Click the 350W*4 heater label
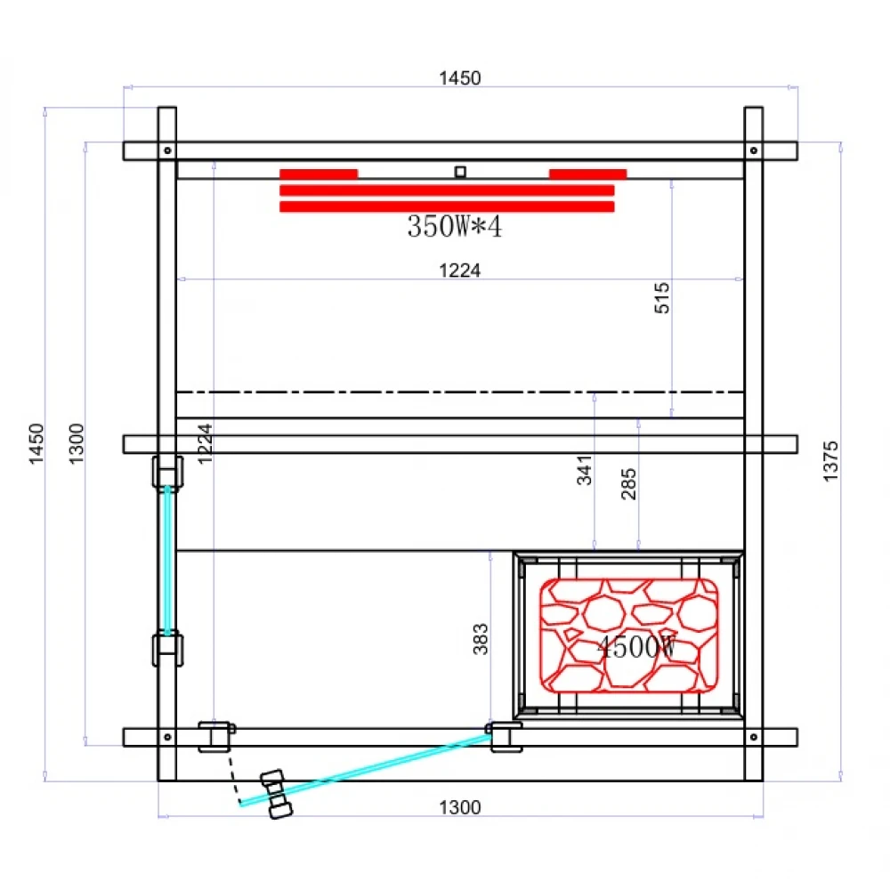point(455,227)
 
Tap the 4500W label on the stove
point(635,647)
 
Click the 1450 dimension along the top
point(459,78)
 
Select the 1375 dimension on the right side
point(830,461)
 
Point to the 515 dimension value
point(661,298)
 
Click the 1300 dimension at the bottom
point(459,807)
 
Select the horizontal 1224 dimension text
point(459,271)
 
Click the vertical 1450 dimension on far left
point(36,443)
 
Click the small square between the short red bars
point(460,172)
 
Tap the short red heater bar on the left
point(319,174)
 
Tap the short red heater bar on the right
point(587,174)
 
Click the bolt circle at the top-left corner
point(166,150)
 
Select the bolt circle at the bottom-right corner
point(753,737)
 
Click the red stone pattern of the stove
point(629,634)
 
